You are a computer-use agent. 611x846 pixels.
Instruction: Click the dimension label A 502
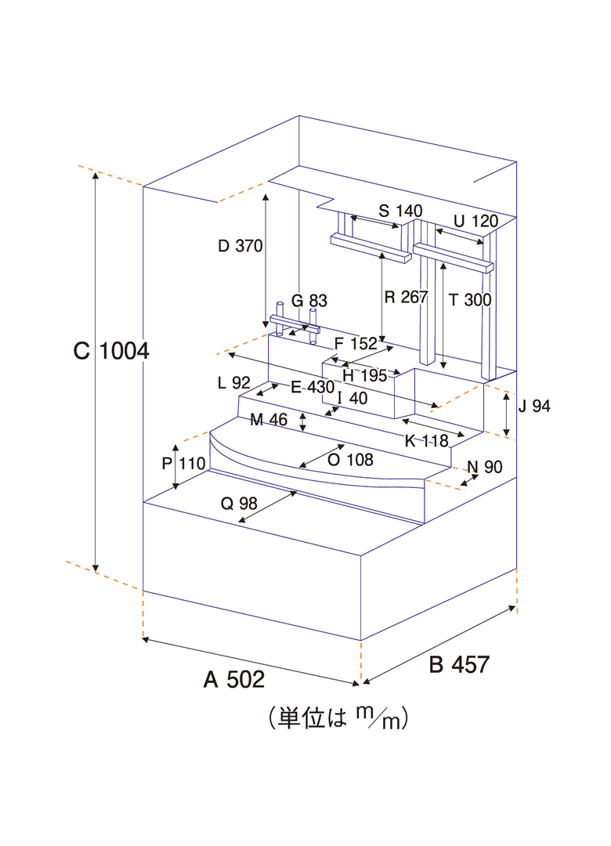coord(233,679)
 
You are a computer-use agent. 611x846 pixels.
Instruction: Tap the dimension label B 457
coord(459,665)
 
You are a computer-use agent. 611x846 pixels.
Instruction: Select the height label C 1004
coord(111,352)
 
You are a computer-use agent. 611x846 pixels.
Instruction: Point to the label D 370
coord(240,245)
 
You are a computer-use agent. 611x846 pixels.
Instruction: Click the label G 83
coord(309,300)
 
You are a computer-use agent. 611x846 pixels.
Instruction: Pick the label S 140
coord(399,211)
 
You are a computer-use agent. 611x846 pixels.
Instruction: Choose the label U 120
coord(476,221)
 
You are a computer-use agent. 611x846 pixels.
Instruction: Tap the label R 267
coord(406,297)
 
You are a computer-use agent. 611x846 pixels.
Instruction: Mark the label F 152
coord(356,343)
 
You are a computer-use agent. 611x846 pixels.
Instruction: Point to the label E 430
coord(312,387)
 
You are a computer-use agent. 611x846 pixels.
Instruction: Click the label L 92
coord(233,383)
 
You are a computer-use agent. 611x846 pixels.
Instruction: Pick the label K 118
coord(426,440)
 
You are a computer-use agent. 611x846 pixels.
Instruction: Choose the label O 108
coord(349,460)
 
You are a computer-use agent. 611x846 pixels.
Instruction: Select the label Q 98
coord(239,504)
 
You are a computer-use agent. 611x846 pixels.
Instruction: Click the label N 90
coord(484,468)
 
